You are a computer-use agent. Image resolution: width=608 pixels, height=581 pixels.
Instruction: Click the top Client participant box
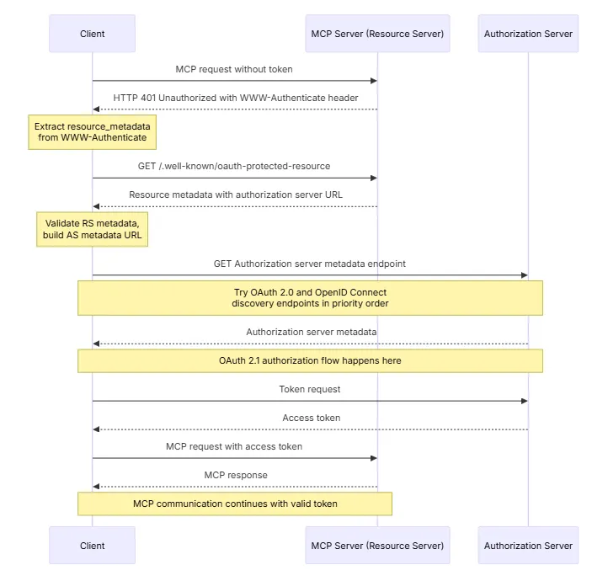coord(93,34)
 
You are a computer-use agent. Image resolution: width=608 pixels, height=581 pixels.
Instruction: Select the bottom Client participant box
coord(93,546)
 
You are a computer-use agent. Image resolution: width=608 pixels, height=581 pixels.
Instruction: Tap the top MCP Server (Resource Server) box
coord(377,34)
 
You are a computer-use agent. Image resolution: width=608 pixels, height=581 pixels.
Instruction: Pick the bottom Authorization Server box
coord(528,546)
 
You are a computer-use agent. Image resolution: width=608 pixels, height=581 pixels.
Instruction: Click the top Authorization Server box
coord(528,34)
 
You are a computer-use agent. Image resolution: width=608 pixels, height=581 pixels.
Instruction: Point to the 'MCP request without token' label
coord(234,69)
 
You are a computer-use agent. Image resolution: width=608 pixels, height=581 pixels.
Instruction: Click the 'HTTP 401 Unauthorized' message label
coord(236,98)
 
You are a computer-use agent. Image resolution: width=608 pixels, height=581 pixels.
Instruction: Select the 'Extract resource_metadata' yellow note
coord(93,132)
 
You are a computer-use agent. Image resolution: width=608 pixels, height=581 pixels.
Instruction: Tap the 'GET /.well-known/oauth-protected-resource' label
coord(234,166)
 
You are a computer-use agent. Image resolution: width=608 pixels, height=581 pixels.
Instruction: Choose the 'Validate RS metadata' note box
coord(93,229)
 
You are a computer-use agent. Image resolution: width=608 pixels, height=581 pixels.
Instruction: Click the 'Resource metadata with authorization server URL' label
coord(236,195)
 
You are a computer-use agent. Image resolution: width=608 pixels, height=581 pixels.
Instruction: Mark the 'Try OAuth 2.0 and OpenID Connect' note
coord(310,298)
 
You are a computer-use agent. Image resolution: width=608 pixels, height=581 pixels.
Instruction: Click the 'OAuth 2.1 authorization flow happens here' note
coord(310,361)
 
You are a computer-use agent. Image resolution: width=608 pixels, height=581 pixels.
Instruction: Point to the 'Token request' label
coord(310,389)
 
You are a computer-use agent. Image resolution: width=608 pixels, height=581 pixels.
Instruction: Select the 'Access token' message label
coord(312,418)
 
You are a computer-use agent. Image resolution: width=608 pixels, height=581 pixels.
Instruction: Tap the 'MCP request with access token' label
coord(234,446)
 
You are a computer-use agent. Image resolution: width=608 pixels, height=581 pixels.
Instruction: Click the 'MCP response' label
coord(236,475)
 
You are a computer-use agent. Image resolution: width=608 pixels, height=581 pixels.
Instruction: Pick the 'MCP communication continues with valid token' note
coord(235,504)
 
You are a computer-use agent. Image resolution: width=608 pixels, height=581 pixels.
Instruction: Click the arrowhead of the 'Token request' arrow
coord(525,401)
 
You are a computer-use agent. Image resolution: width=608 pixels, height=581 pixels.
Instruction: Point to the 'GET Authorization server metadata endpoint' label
coord(310,264)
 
